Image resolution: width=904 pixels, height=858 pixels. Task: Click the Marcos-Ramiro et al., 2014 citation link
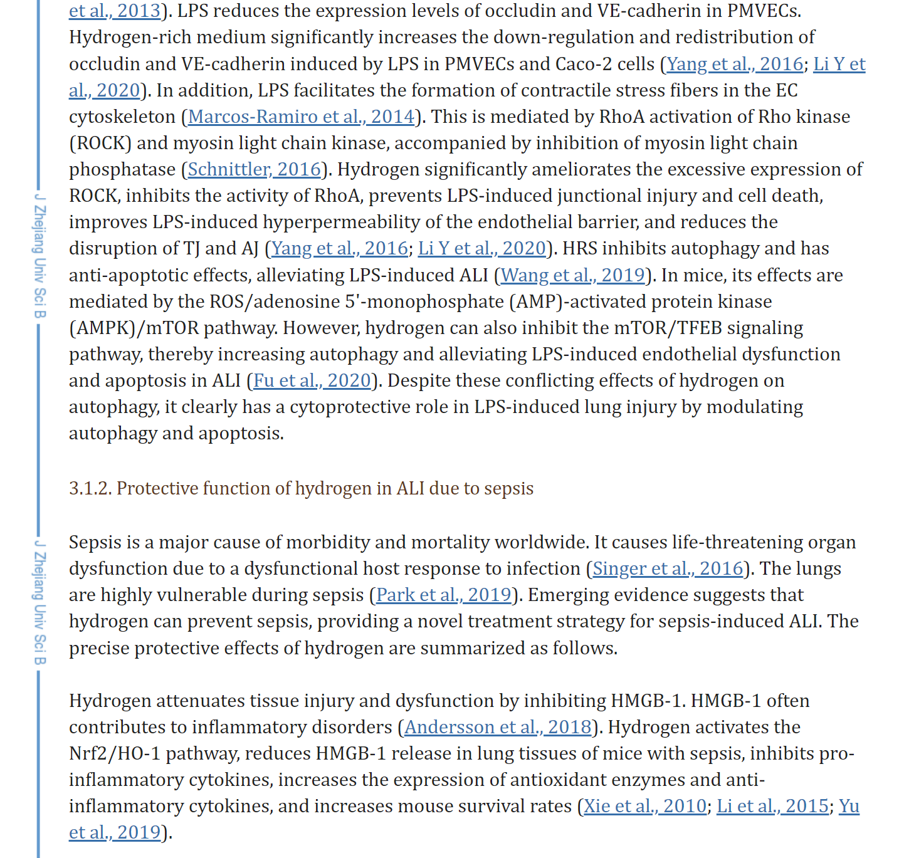tap(301, 117)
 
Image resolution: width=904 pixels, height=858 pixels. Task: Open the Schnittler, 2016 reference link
tap(254, 169)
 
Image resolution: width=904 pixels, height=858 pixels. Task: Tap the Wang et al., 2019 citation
tap(572, 275)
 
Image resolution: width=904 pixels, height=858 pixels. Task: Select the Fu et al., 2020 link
tap(312, 380)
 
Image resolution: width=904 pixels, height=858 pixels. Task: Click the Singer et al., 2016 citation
tap(667, 568)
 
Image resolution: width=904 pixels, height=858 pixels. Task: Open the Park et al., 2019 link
tap(443, 595)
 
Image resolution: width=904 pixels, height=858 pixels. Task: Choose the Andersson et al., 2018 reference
tap(498, 727)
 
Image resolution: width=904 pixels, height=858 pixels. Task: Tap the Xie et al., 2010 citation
tap(644, 806)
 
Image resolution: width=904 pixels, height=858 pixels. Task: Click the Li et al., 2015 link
tap(772, 806)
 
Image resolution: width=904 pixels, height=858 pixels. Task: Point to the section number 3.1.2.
tap(90, 488)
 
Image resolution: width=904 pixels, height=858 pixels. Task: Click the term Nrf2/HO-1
tap(115, 753)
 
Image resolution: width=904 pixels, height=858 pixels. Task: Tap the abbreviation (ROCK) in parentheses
tap(100, 143)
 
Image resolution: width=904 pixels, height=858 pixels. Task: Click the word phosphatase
tap(122, 169)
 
